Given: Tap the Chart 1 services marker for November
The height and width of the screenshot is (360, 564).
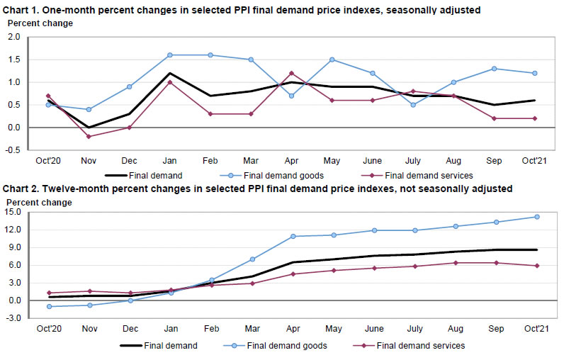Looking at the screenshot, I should point(88,136).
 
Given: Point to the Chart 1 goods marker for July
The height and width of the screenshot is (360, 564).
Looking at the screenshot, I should point(413,105).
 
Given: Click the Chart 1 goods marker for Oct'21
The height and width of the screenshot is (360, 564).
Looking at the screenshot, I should point(535,73).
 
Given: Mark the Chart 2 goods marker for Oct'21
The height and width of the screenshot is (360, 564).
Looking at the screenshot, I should point(536,217).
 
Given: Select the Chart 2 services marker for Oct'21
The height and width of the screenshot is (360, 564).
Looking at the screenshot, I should point(536,266).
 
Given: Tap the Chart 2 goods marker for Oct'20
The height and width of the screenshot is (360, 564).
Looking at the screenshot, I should point(48,306).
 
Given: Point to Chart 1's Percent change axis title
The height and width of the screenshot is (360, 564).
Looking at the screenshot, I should point(40,23).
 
